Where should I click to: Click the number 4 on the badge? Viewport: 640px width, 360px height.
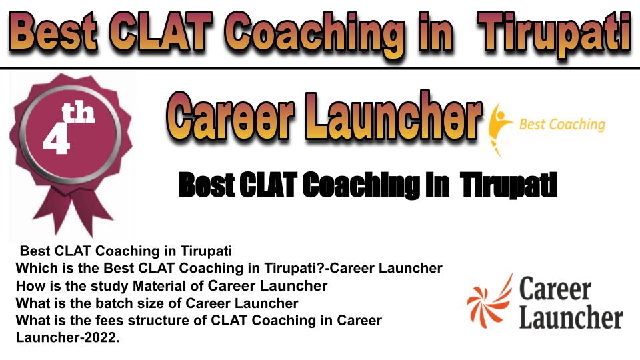(56, 139)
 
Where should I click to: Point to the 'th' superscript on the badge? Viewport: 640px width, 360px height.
(78, 113)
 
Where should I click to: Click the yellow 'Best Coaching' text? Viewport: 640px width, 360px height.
(562, 125)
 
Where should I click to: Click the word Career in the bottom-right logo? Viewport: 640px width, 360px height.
(555, 289)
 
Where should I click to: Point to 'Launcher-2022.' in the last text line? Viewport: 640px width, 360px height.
(68, 337)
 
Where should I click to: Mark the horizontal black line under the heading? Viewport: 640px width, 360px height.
(320, 67)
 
